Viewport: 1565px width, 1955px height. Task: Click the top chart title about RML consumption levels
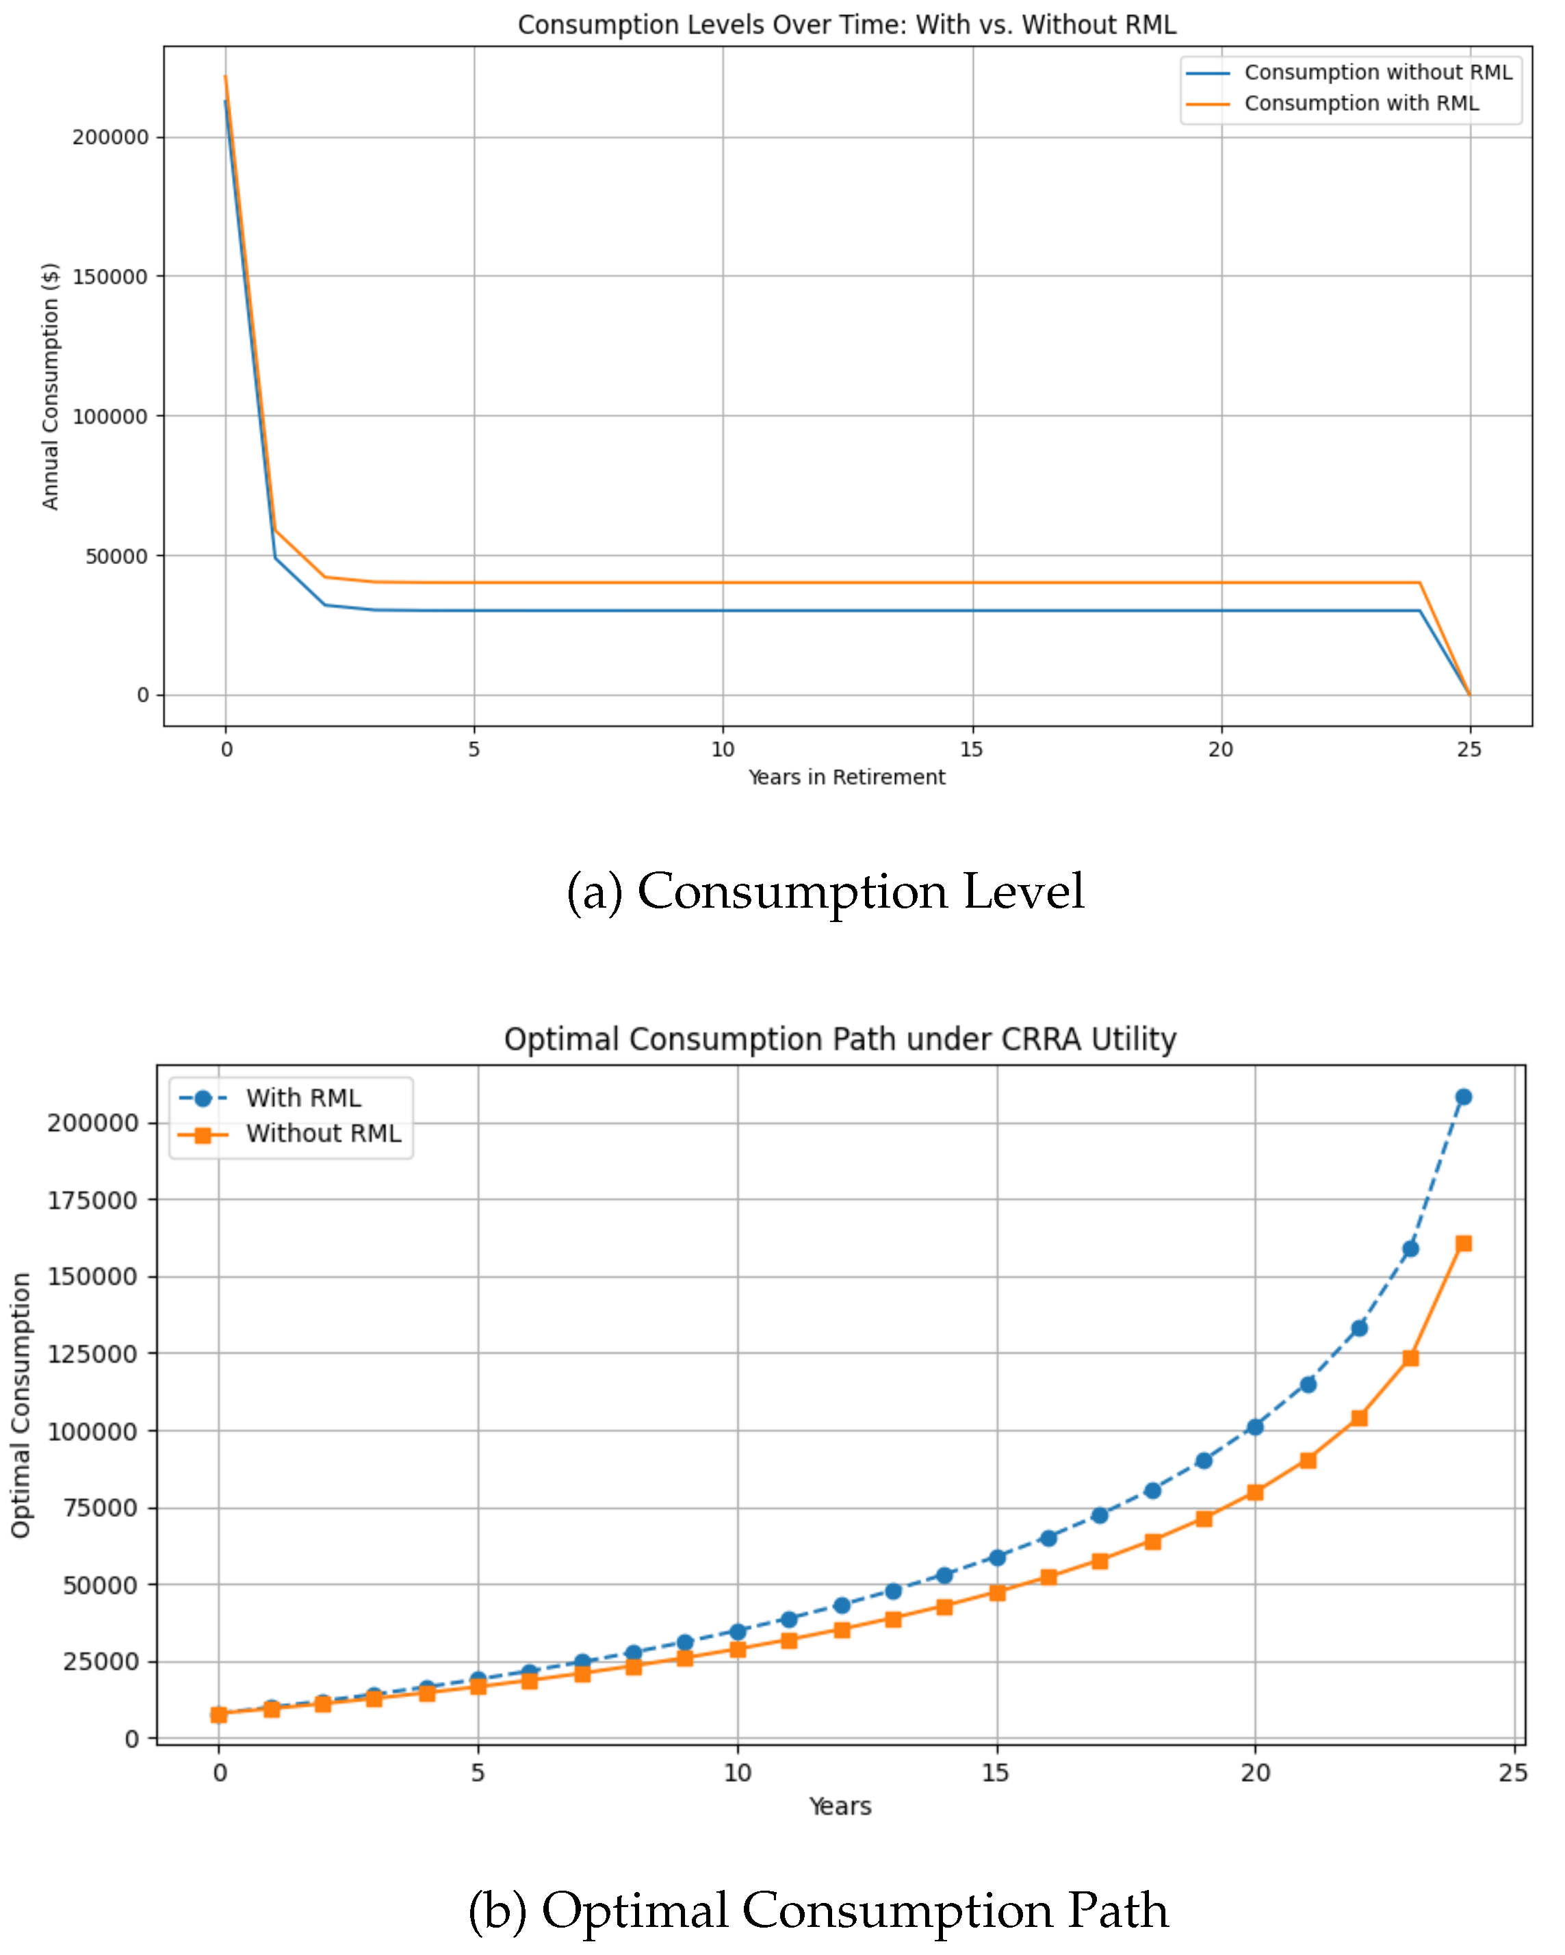pyautogui.click(x=846, y=25)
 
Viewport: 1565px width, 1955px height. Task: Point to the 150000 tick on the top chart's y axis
pyautogui.click(x=109, y=277)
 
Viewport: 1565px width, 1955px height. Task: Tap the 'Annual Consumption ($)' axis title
pyautogui.click(x=50, y=386)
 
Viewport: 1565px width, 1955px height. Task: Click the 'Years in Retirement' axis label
pyautogui.click(x=846, y=777)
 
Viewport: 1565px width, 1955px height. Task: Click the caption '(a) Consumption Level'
pyautogui.click(x=825, y=891)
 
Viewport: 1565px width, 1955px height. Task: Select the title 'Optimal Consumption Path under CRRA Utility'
pyautogui.click(x=840, y=1039)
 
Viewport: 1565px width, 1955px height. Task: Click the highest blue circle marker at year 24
pyautogui.click(x=1462, y=1097)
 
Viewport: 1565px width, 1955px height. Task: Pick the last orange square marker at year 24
pyautogui.click(x=1462, y=1243)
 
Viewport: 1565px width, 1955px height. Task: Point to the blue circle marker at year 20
pyautogui.click(x=1255, y=1427)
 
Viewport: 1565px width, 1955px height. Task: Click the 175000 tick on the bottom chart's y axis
pyautogui.click(x=92, y=1201)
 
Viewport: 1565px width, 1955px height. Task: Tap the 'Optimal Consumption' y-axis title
pyautogui.click(x=21, y=1405)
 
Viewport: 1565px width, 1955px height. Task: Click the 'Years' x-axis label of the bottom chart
pyautogui.click(x=840, y=1806)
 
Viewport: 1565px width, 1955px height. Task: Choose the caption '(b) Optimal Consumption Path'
pyautogui.click(x=818, y=1910)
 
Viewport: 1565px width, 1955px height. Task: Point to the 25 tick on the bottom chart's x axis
pyautogui.click(x=1513, y=1773)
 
